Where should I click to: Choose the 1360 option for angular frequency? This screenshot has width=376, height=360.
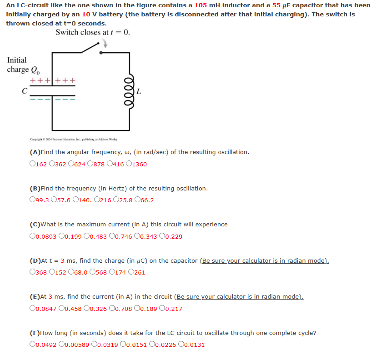tap(129, 164)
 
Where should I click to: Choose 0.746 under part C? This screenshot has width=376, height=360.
tap(112, 236)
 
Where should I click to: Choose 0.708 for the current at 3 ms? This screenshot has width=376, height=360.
tap(112, 309)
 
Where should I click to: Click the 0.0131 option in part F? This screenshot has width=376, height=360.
tap(182, 345)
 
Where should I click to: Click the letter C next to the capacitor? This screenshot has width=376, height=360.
tap(24, 91)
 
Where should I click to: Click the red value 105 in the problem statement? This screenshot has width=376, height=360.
tap(201, 5)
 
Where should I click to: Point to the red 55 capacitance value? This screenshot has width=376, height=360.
tap(276, 5)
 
